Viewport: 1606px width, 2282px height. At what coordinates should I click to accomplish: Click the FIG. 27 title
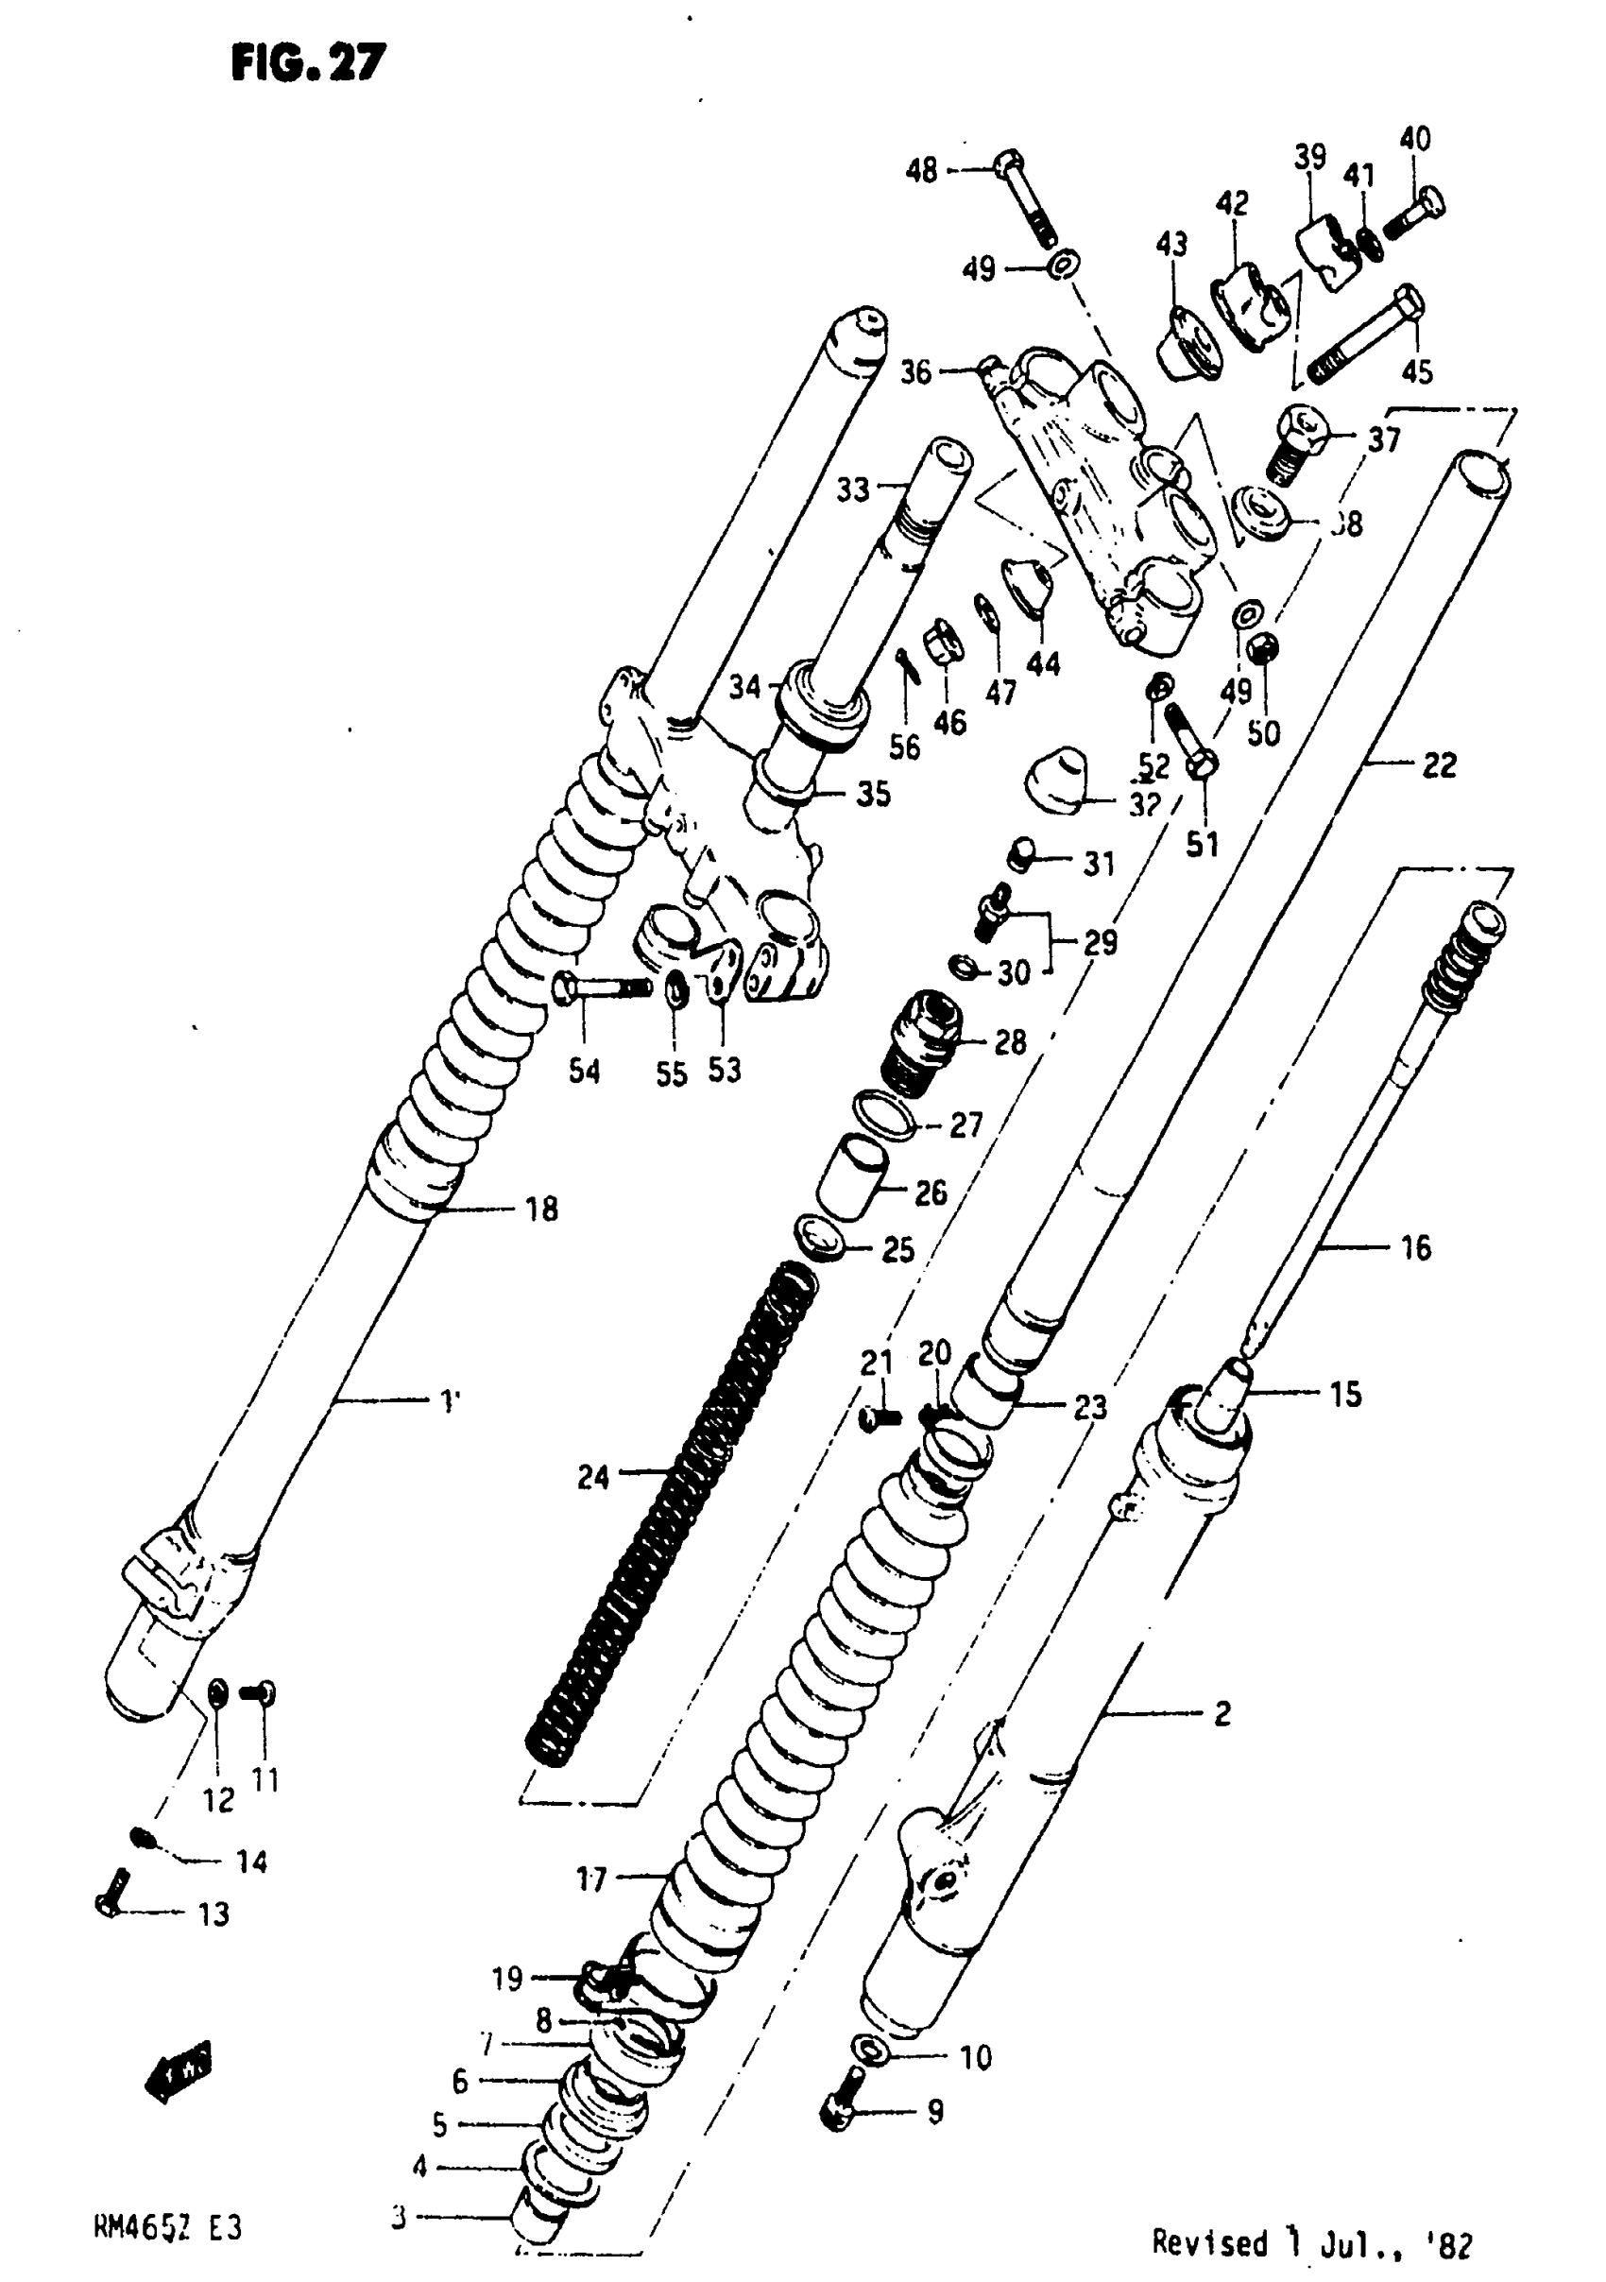point(308,62)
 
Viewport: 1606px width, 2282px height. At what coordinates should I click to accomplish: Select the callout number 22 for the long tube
point(1438,764)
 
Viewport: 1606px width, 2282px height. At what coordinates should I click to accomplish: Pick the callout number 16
point(1415,1247)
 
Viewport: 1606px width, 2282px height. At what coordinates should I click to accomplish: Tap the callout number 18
point(541,1209)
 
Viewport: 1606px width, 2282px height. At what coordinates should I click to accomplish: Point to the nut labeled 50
point(1263,649)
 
